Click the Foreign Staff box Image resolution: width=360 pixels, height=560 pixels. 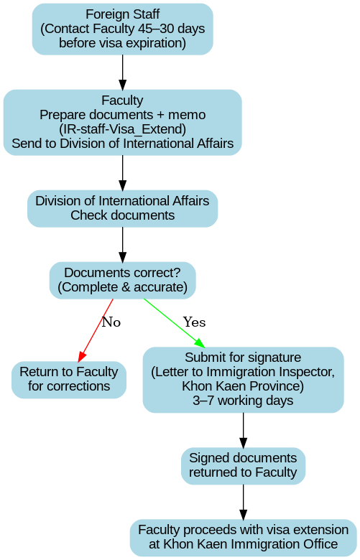click(x=123, y=29)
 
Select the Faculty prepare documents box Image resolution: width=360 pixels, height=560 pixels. click(x=123, y=122)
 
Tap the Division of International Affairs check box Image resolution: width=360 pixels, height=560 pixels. click(x=123, y=208)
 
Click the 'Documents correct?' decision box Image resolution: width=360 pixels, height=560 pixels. click(x=123, y=280)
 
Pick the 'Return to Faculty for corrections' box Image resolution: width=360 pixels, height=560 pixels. click(x=69, y=379)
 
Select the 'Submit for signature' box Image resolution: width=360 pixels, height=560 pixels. click(x=243, y=379)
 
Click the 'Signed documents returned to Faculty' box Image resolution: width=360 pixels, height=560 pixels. click(x=243, y=465)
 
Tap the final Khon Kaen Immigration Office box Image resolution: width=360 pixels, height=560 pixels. click(x=243, y=537)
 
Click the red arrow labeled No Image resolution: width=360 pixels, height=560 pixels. click(x=96, y=330)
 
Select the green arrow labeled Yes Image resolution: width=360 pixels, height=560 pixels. click(x=174, y=323)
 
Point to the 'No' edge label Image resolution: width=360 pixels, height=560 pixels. click(x=111, y=322)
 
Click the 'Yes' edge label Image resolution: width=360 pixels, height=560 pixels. click(x=195, y=322)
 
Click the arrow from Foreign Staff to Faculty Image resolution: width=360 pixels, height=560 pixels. click(x=123, y=72)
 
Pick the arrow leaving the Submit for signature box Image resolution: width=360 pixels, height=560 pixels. click(x=243, y=430)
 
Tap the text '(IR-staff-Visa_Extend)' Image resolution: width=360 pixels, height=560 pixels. click(x=123, y=129)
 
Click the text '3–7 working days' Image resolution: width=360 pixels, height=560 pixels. click(x=243, y=401)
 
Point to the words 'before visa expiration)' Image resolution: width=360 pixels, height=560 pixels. click(x=123, y=43)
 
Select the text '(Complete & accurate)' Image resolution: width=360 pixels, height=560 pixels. click(x=123, y=287)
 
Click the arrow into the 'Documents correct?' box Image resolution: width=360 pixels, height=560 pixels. click(x=123, y=245)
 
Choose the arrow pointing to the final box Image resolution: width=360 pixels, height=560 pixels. click(x=243, y=502)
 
